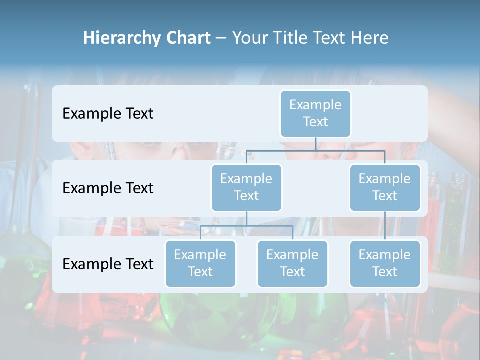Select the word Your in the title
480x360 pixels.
[x=250, y=38]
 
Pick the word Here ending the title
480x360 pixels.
[x=368, y=38]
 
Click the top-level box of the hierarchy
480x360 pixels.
[x=315, y=113]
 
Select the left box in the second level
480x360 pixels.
[x=246, y=187]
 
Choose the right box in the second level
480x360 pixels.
[x=385, y=187]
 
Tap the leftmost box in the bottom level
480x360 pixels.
[x=200, y=263]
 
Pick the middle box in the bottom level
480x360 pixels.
[x=292, y=263]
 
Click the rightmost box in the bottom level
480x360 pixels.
[x=385, y=263]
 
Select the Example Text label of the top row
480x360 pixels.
[x=108, y=114]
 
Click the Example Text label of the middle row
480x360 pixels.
[x=108, y=188]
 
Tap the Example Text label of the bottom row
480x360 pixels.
[x=108, y=264]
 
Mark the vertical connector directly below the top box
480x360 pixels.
[x=315, y=144]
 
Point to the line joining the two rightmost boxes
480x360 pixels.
[x=385, y=226]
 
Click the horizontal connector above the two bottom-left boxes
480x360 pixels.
[x=246, y=226]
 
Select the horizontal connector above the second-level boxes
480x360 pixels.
[x=315, y=150]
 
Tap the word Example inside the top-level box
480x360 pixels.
[x=315, y=105]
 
